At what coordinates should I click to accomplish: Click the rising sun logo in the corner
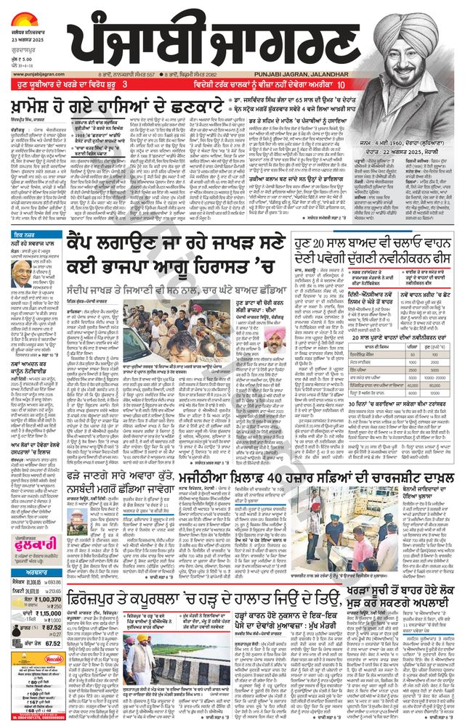[27, 9]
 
